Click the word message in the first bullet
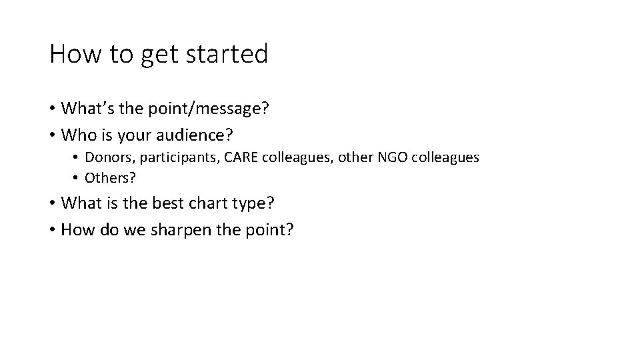231,109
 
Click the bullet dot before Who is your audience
52,136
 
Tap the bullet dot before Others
77,179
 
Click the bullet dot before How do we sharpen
52,230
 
